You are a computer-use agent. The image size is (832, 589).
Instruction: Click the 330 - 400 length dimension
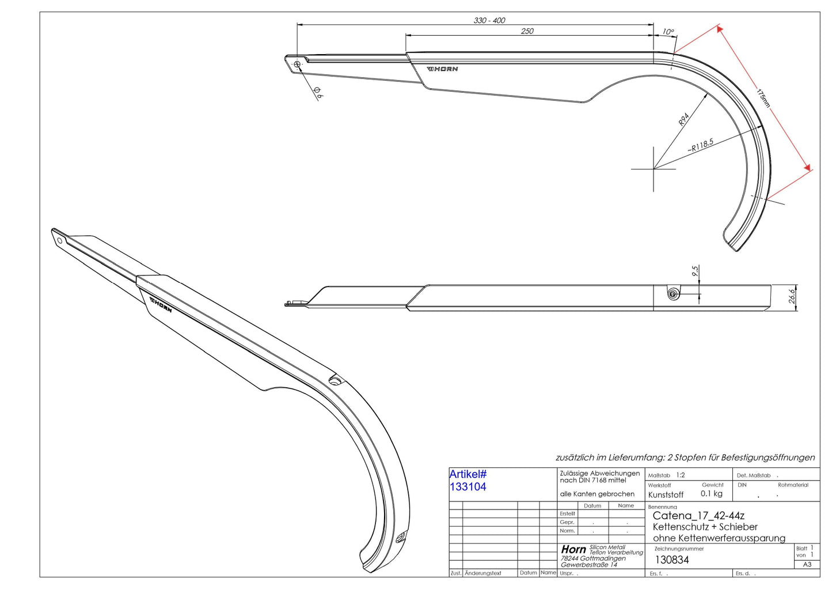click(x=489, y=20)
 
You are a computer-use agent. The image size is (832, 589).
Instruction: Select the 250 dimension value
click(x=527, y=31)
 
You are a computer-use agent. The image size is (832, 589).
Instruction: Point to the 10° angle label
click(x=668, y=32)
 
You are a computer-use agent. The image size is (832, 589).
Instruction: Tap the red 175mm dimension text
click(x=763, y=98)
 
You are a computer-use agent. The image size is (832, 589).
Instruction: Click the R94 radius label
click(x=683, y=119)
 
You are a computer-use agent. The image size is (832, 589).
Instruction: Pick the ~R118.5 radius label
click(x=700, y=145)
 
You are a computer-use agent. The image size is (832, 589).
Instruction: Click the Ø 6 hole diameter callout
click(x=318, y=93)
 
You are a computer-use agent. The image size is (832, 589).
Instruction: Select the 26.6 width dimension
click(x=792, y=296)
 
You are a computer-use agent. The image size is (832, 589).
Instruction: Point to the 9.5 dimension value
click(x=695, y=271)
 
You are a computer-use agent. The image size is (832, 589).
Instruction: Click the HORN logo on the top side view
click(x=442, y=69)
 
